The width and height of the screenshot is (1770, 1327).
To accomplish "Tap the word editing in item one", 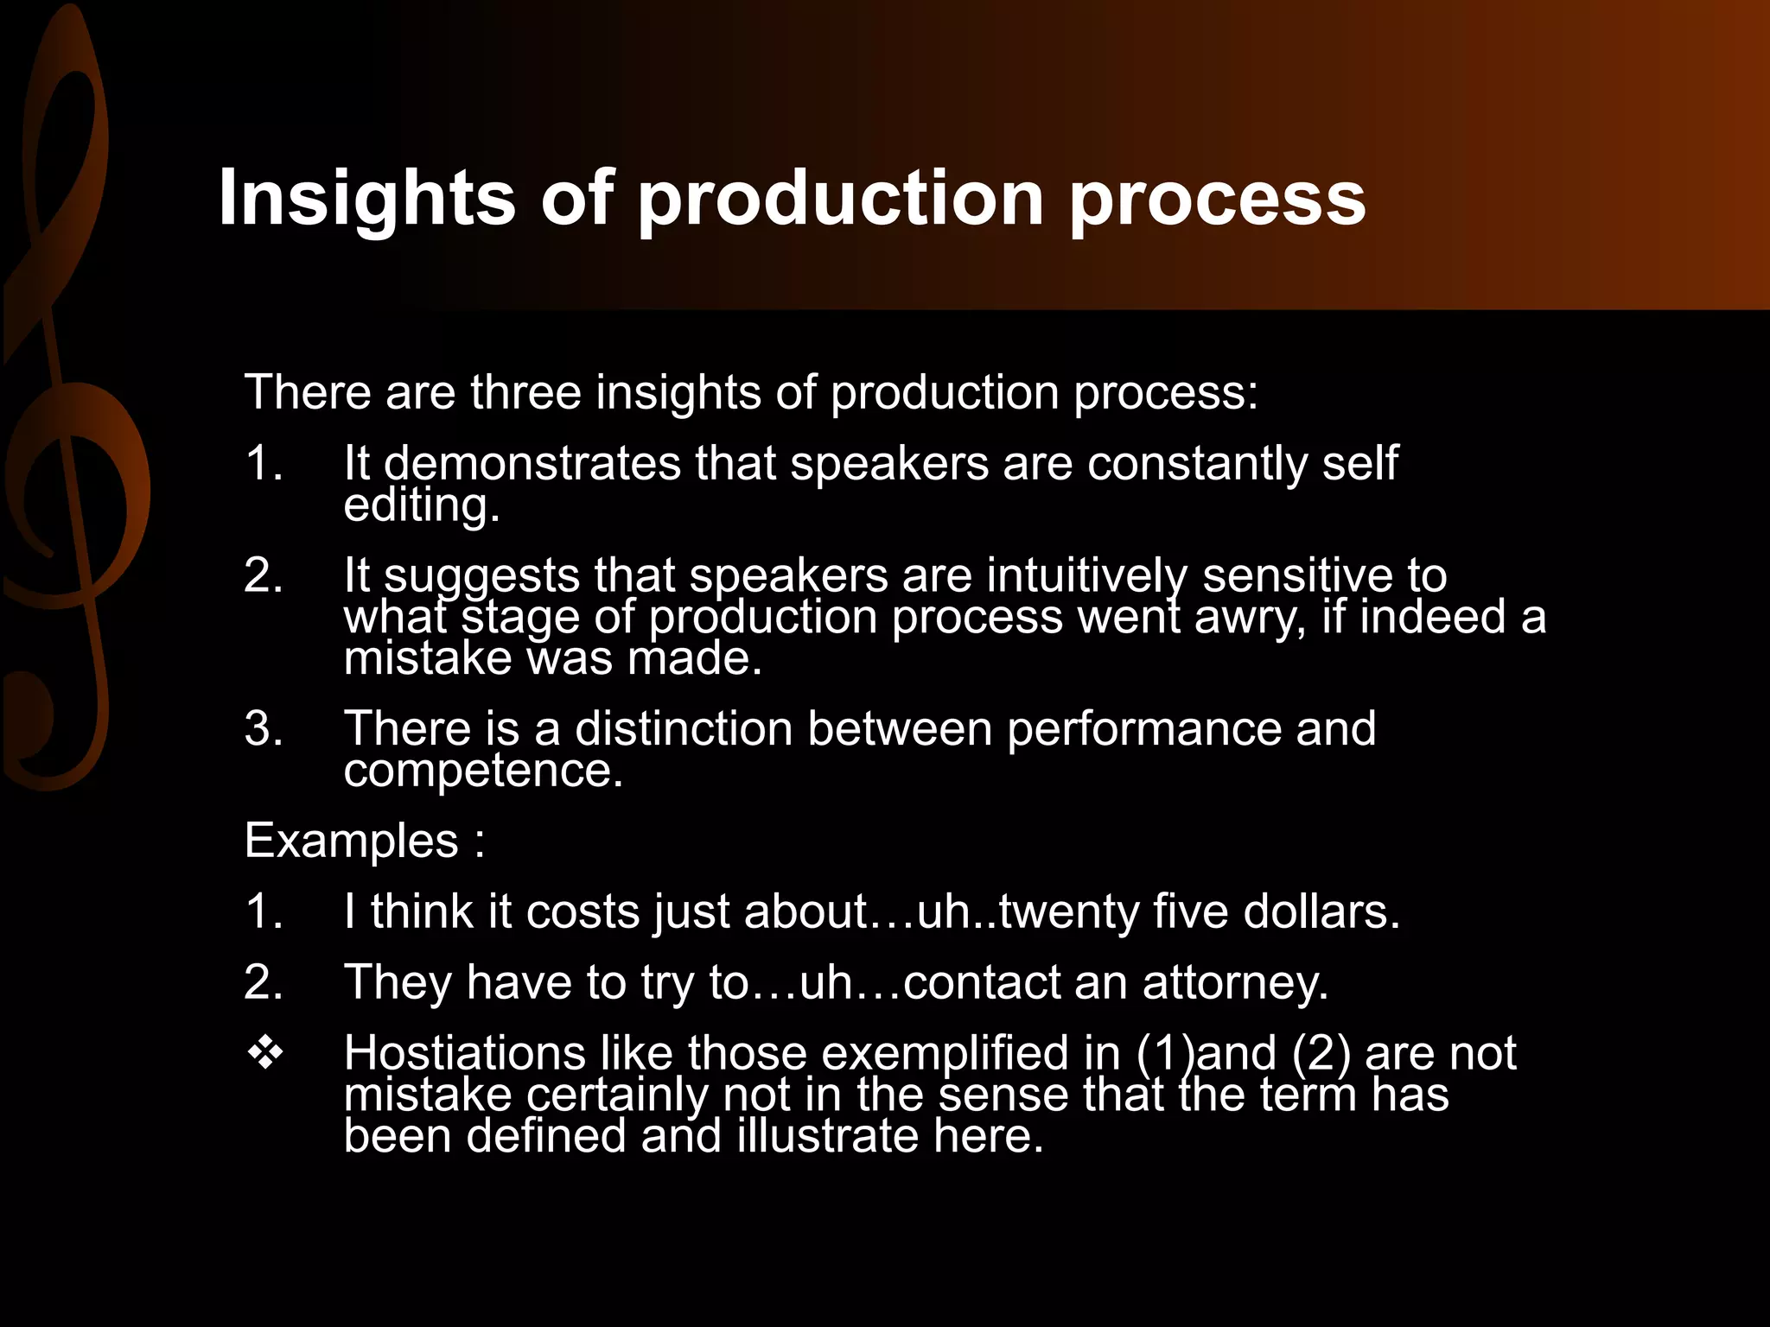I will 422,505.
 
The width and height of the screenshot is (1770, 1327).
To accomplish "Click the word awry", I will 1250,618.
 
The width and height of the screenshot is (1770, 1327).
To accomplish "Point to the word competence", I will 482,771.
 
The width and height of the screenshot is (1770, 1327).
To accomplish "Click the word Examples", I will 351,841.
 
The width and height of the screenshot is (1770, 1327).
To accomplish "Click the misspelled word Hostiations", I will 465,1053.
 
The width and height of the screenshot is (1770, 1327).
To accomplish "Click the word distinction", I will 684,728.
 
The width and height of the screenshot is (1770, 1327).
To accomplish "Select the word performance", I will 1143,728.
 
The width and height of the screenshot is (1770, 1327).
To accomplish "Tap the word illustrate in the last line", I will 827,1135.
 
